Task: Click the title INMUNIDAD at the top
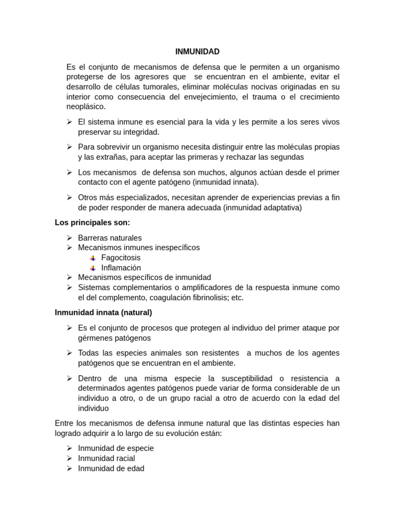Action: tap(197, 51)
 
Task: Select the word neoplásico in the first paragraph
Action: tap(86, 107)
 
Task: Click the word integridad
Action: tap(141, 132)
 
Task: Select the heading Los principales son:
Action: tap(93, 222)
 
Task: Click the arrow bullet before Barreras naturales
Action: tap(69, 238)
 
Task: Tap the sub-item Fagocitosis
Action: tap(121, 257)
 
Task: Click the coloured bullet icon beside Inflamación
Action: tap(93, 268)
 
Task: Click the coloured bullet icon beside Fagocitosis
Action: tap(93, 258)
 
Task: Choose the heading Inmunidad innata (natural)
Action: tap(103, 312)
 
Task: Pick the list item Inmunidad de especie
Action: tap(116, 448)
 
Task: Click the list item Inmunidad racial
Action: tap(106, 458)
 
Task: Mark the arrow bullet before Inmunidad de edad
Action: tap(69, 468)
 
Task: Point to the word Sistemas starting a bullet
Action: tap(94, 287)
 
